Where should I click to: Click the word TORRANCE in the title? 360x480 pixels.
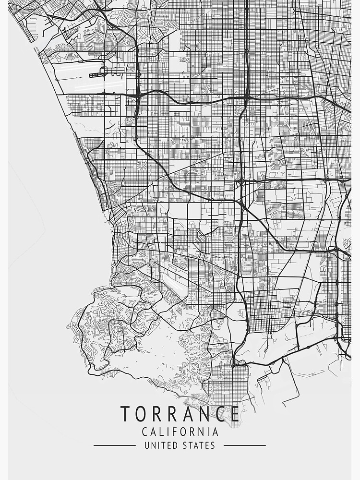pos(180,413)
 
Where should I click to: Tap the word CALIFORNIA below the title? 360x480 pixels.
pos(180,432)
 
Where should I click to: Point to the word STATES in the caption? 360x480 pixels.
pos(199,445)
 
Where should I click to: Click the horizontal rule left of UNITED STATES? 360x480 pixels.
pos(114,445)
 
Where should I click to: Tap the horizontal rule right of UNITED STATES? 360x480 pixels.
pos(244,445)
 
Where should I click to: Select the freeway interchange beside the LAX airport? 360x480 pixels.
pos(137,95)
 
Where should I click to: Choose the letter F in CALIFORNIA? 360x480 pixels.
pos(171,432)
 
